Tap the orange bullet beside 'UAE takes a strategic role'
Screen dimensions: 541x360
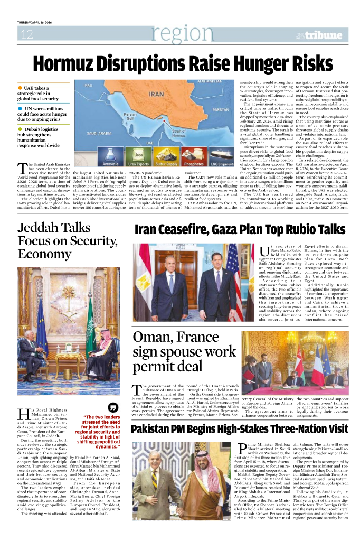[x=20, y=88]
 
